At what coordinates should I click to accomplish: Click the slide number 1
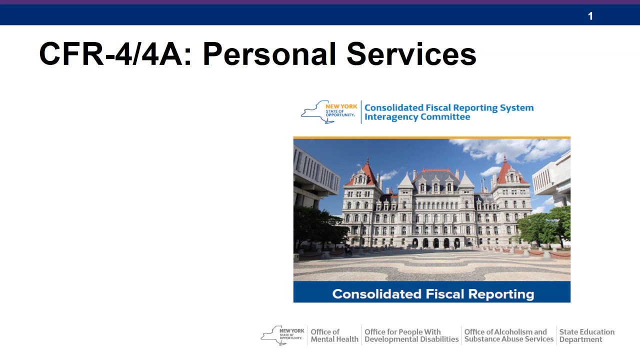590,16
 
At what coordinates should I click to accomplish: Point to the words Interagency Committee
417,117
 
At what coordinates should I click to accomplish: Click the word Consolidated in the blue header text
394,107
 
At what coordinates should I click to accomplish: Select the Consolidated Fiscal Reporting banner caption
432,293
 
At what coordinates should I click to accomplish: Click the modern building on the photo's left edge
312,175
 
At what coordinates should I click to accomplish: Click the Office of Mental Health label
334,335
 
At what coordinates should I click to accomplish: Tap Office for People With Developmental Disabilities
411,335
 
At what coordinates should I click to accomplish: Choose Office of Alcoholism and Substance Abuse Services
508,335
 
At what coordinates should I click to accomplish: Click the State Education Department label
586,335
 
